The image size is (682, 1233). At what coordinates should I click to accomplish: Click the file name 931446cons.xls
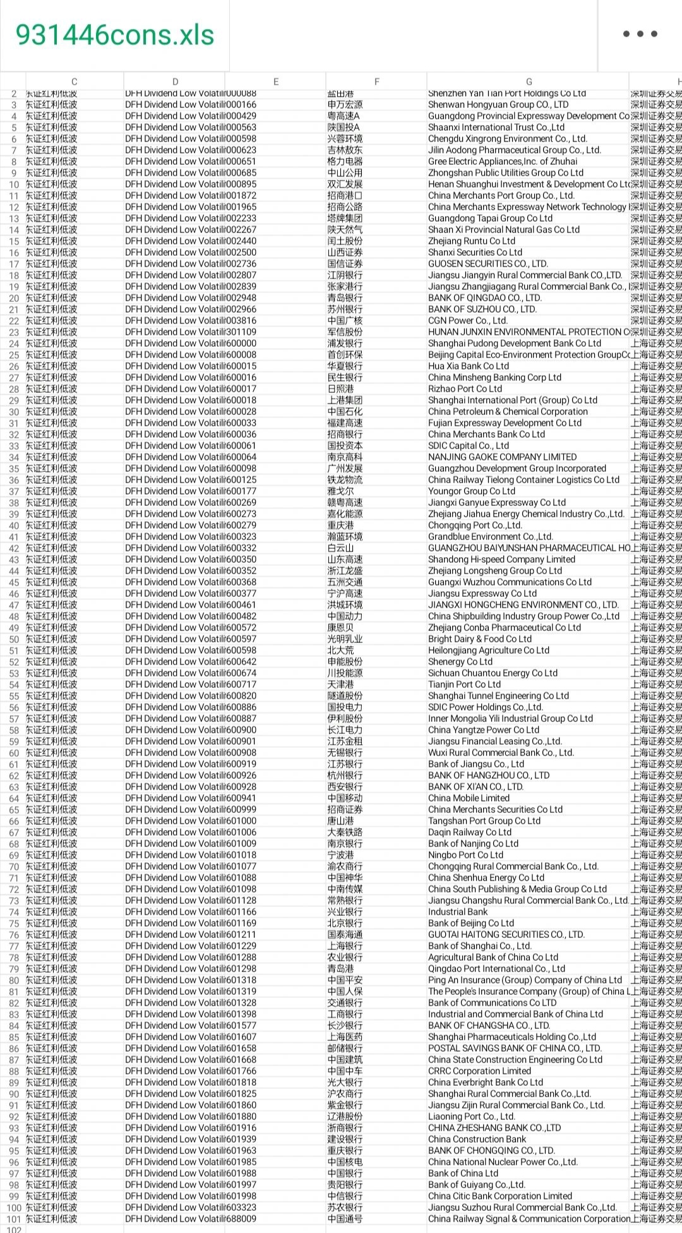click(115, 35)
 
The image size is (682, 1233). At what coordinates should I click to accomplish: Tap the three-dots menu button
click(640, 34)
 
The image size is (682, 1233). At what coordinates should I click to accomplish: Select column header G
click(529, 81)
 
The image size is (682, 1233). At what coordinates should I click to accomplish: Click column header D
click(175, 81)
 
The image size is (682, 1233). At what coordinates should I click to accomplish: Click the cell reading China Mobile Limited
click(469, 798)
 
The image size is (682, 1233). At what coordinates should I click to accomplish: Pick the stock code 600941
click(241, 798)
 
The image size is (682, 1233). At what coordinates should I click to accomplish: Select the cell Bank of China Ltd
click(463, 1173)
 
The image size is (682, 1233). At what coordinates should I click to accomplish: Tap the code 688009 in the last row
click(241, 1218)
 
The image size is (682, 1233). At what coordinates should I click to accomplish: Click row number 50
click(14, 639)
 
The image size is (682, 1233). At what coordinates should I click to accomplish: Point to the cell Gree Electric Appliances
click(502, 161)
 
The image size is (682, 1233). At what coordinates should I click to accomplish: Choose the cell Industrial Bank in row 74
click(458, 911)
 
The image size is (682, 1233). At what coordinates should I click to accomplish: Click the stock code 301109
click(241, 332)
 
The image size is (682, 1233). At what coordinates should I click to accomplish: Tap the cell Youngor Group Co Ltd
click(471, 491)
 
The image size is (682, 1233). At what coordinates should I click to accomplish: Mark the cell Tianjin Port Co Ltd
click(464, 684)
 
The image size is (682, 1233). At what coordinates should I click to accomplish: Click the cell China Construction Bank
click(477, 1139)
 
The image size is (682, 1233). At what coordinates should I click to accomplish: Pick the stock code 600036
click(241, 434)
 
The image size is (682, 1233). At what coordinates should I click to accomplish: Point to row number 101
click(14, 1219)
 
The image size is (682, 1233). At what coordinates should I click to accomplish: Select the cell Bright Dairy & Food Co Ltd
click(480, 639)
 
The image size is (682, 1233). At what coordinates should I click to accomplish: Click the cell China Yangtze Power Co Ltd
click(484, 730)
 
